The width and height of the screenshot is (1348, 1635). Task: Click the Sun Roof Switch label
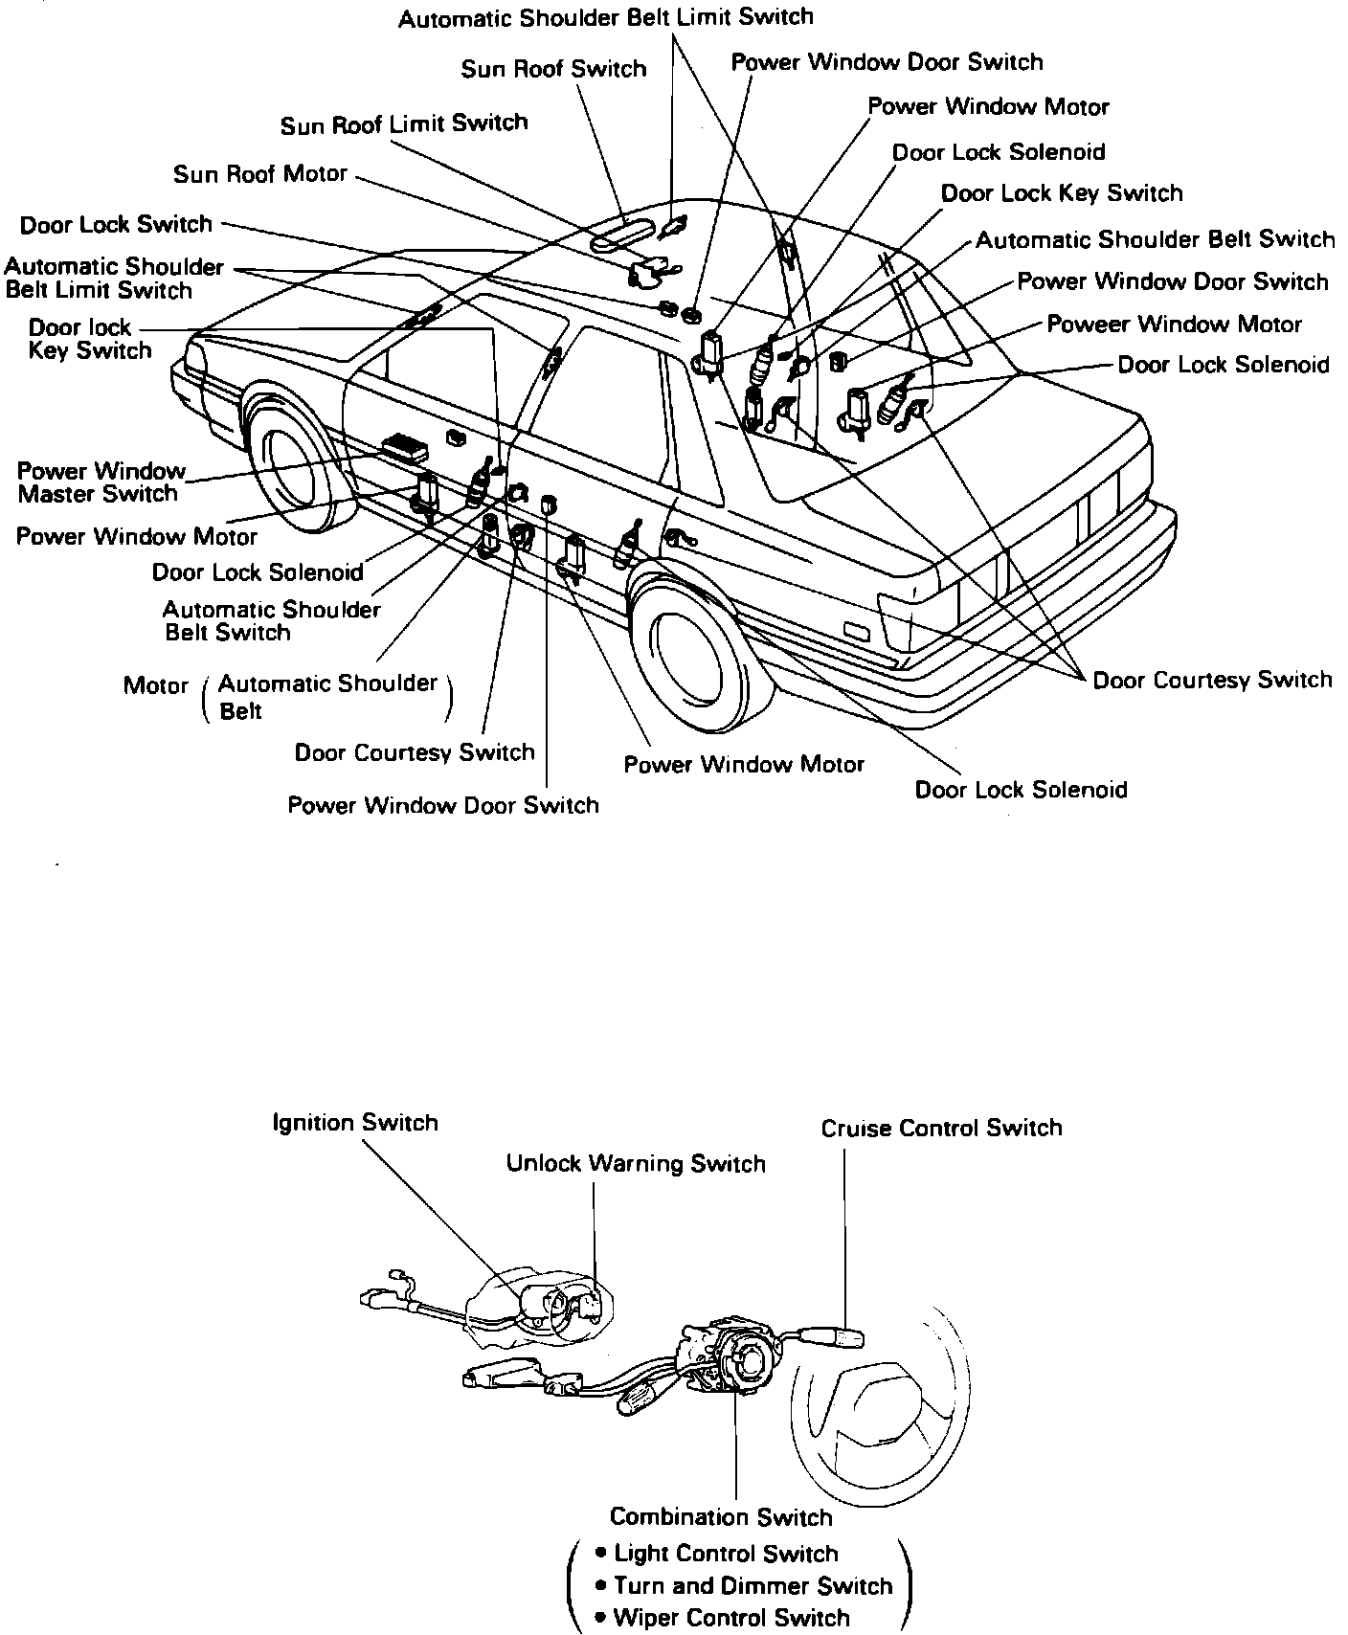pyautogui.click(x=553, y=70)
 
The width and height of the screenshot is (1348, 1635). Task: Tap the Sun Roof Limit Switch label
pyautogui.click(x=404, y=124)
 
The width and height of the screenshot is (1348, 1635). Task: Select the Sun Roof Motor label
pyautogui.click(x=260, y=175)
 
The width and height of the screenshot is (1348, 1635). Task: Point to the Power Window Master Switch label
pyautogui.click(x=100, y=482)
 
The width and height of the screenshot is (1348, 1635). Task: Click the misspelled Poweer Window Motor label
pyautogui.click(x=1174, y=325)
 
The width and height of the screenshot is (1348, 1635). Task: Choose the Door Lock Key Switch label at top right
pyautogui.click(x=1062, y=193)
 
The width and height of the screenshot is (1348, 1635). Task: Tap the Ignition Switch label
pyautogui.click(x=355, y=1123)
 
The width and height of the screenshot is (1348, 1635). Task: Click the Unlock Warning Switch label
pyautogui.click(x=636, y=1164)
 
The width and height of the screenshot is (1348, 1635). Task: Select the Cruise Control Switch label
pyautogui.click(x=941, y=1129)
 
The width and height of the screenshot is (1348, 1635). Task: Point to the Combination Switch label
pyautogui.click(x=721, y=1517)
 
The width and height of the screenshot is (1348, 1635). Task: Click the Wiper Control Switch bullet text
pyautogui.click(x=731, y=1619)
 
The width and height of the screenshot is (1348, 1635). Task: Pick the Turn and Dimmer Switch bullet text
pyautogui.click(x=753, y=1586)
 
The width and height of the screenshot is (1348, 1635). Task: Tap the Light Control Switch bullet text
pyautogui.click(x=726, y=1554)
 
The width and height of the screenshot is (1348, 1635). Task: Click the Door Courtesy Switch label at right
pyautogui.click(x=1212, y=681)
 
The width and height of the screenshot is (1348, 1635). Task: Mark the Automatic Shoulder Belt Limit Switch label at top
pyautogui.click(x=606, y=17)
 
